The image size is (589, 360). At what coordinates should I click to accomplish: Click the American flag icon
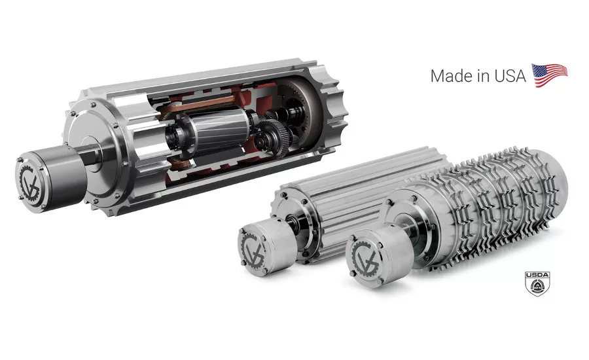point(549,75)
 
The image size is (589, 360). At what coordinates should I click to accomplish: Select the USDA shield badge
point(537,283)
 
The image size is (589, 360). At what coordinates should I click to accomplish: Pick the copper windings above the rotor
point(199,105)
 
